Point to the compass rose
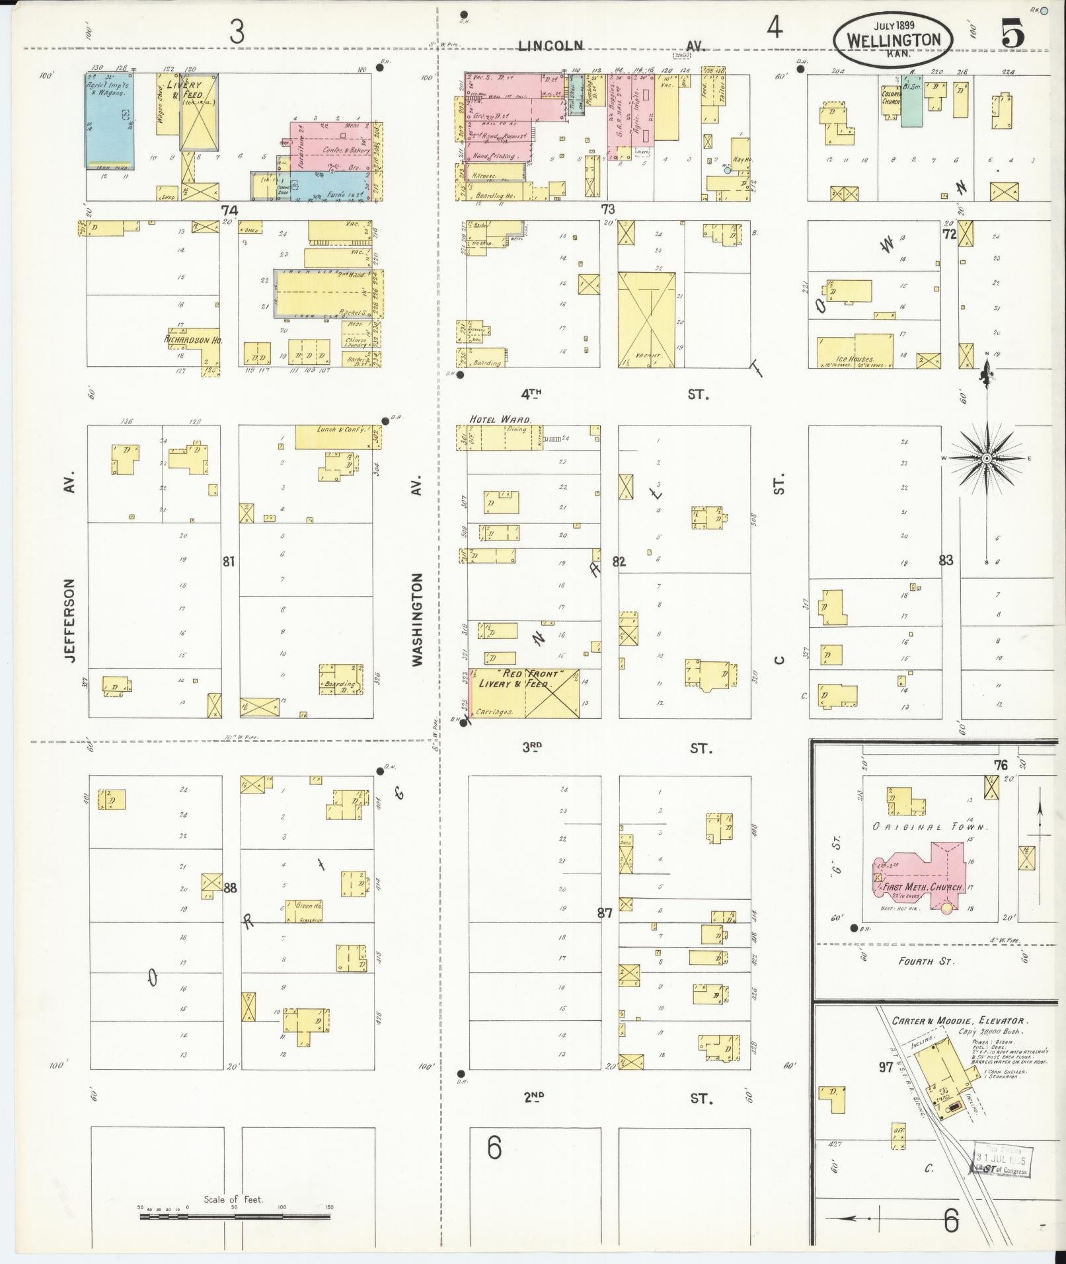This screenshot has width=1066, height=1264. coord(986,458)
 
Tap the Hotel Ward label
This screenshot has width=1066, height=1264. coord(501,419)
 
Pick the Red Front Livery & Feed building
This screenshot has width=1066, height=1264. coord(522,692)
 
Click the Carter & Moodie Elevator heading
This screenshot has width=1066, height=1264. coord(959,1021)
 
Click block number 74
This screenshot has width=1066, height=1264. coord(229,210)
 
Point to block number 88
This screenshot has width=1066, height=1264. coord(229,887)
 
